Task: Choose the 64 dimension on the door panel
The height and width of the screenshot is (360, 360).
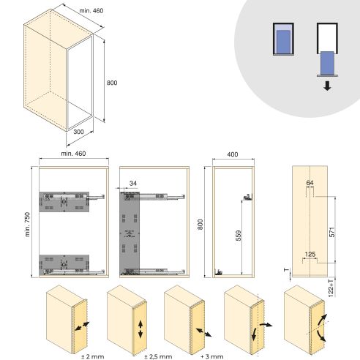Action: pyautogui.click(x=310, y=183)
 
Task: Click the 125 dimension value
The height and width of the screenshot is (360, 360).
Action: pyautogui.click(x=310, y=254)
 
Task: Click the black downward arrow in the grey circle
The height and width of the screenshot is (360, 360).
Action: pyautogui.click(x=327, y=86)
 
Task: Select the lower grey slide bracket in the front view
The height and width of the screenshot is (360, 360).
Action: pyautogui.click(x=63, y=263)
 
